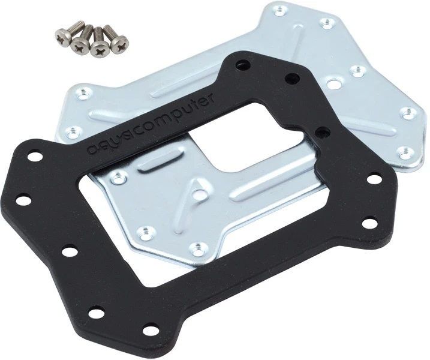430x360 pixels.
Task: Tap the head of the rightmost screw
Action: [x=119, y=44]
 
